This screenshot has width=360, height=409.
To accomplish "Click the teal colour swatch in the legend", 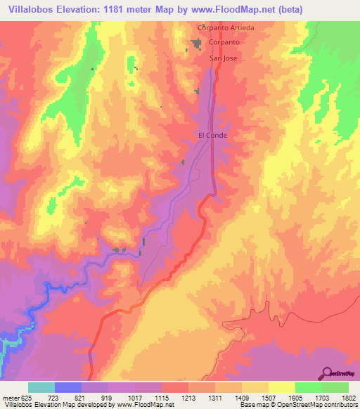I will pos(41,388).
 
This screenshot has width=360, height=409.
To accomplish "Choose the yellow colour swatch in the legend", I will pos(281,388).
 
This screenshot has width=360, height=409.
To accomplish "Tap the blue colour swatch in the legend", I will pos(68,388).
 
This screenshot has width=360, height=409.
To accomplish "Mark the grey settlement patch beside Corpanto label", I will pos(196,44).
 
